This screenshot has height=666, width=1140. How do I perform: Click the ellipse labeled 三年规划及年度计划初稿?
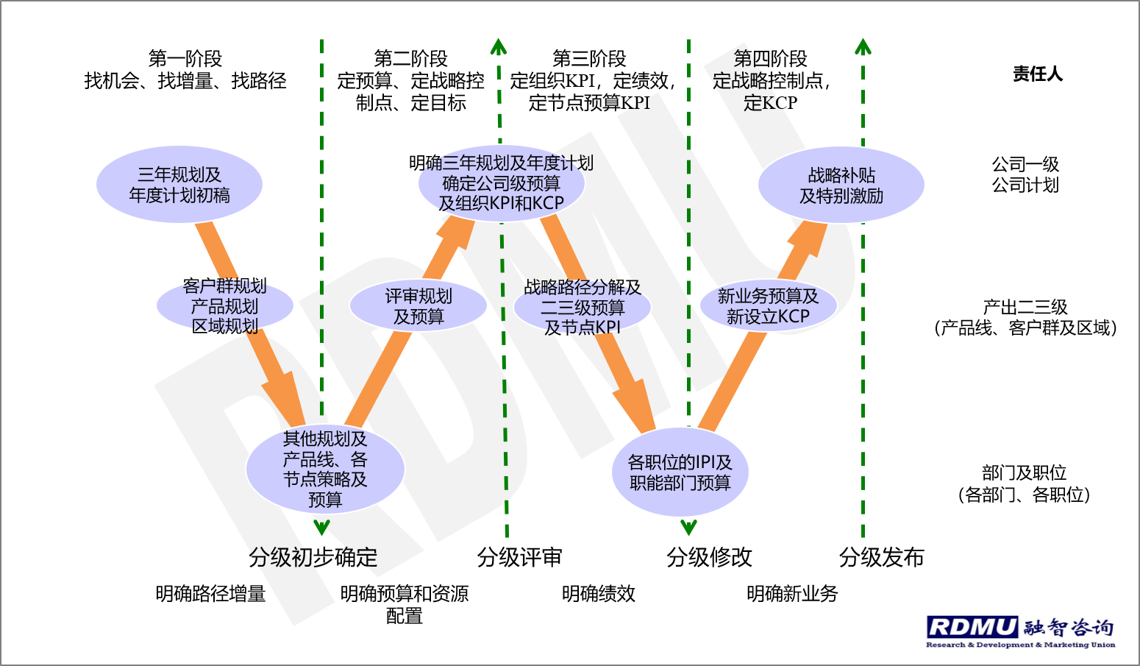point(179,184)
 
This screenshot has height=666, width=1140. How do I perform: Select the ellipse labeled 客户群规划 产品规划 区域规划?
point(225,305)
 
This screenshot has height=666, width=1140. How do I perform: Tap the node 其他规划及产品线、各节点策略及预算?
point(325,469)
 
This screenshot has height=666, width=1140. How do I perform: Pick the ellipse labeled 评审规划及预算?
point(418,306)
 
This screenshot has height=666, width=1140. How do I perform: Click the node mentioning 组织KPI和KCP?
point(501,183)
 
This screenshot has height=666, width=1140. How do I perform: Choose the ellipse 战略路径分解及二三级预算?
point(583,308)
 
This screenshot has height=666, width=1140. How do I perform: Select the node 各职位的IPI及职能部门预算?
point(680,472)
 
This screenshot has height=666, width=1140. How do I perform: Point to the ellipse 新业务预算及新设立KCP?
point(768,306)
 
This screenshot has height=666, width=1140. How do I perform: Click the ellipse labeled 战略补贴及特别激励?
point(841,185)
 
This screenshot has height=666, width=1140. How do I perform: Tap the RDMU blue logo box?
point(972,627)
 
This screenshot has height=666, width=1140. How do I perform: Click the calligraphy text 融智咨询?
point(1069,627)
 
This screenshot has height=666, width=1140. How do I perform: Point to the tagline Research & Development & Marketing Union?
point(1021,645)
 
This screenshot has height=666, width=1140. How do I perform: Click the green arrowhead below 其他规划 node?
point(321,527)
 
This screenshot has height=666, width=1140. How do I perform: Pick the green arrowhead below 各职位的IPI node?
point(688,527)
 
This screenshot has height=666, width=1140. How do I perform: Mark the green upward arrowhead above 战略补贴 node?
point(863,47)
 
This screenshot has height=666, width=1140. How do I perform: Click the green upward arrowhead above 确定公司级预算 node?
point(499,47)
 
